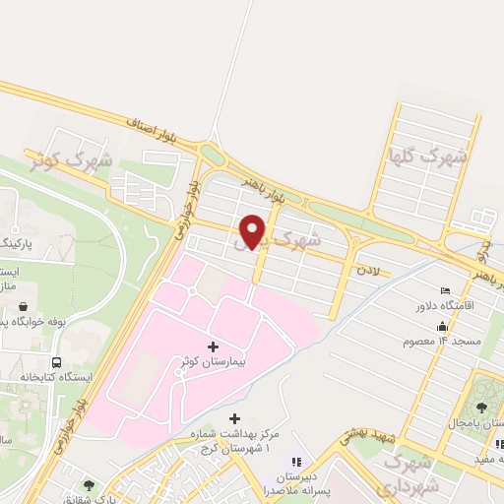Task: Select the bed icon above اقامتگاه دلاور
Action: [446, 290]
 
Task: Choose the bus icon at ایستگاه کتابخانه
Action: [56, 361]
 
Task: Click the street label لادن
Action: [368, 268]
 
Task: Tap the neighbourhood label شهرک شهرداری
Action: [404, 473]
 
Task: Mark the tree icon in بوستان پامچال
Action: [481, 408]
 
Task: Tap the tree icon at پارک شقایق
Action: [90, 484]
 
